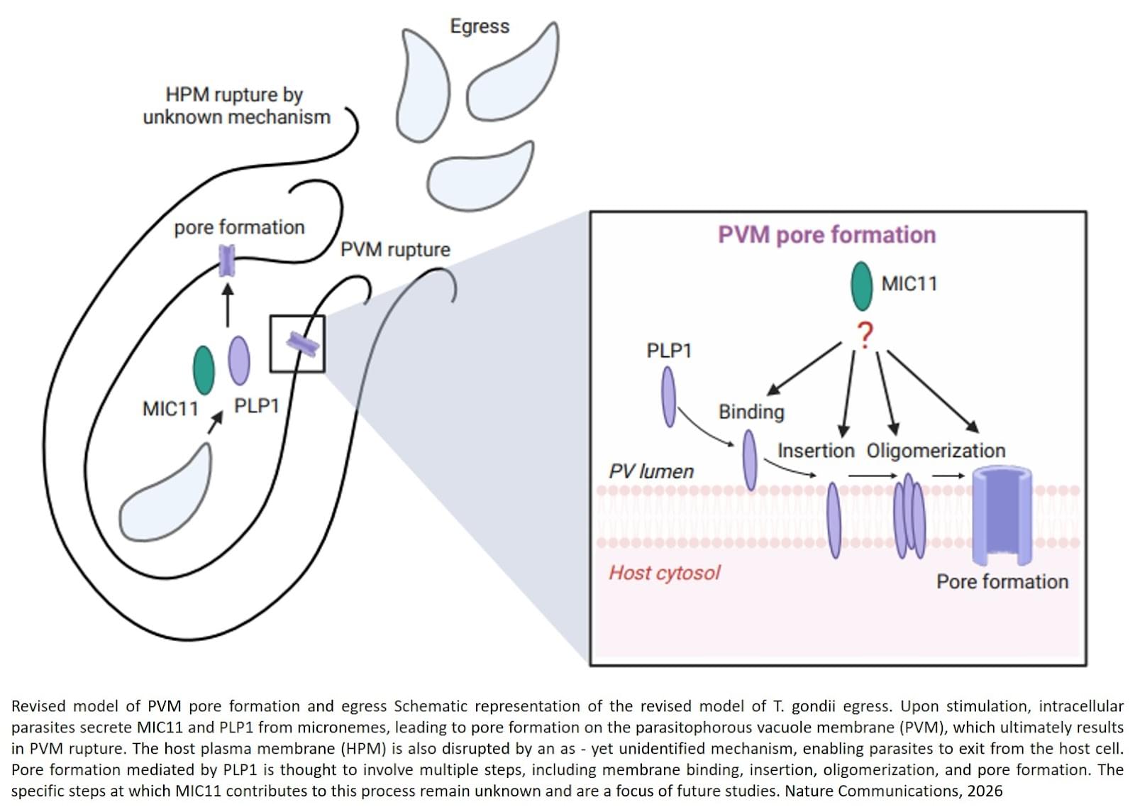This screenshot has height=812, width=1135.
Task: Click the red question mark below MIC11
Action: (x=865, y=334)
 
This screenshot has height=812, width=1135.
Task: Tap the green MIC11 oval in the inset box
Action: (x=862, y=286)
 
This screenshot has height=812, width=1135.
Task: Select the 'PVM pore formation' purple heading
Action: (x=826, y=235)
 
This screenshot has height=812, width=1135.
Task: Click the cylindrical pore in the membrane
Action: (x=1002, y=515)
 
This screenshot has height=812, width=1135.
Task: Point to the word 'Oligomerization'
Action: (x=936, y=451)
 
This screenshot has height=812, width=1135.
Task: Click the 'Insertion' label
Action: (x=816, y=451)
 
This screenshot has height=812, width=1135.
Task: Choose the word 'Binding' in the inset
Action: (x=751, y=412)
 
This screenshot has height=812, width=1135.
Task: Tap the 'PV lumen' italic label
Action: (x=651, y=471)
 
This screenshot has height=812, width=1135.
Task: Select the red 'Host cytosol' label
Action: (x=665, y=573)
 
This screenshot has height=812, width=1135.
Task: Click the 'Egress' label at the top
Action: (x=480, y=26)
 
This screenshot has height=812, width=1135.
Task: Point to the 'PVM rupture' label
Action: (x=395, y=250)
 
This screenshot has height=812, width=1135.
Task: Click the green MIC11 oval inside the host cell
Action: (x=204, y=370)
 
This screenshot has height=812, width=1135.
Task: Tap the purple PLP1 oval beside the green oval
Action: (x=239, y=360)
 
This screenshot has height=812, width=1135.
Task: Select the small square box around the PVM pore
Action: (x=297, y=344)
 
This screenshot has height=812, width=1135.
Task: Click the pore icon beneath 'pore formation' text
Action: (x=226, y=260)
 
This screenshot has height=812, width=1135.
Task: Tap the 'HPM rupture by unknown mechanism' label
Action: (x=236, y=106)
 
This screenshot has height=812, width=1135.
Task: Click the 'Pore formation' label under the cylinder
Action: (x=1002, y=582)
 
